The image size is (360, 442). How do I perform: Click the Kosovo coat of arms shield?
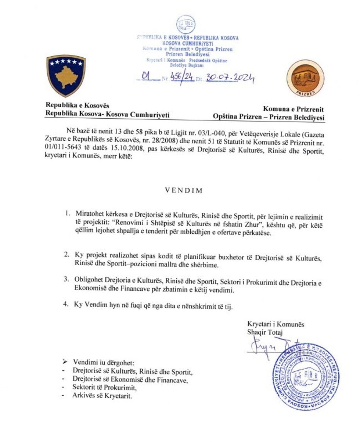click(x=66, y=75)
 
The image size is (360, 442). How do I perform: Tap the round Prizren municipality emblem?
click(x=305, y=78)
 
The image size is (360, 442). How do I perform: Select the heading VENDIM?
click(x=179, y=191)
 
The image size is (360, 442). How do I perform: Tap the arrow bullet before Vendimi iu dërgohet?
click(x=65, y=363)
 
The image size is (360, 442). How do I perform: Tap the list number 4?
click(x=66, y=304)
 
